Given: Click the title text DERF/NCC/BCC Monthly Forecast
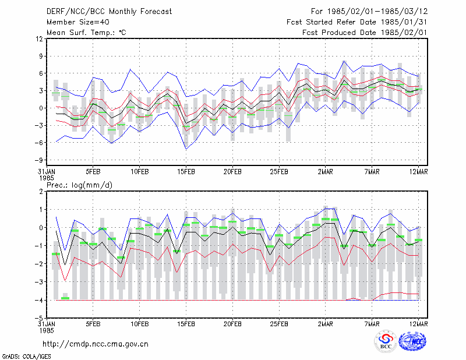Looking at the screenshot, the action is point(109,12).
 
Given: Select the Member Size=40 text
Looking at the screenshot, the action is point(78,22).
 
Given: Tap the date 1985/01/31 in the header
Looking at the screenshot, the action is point(404,22).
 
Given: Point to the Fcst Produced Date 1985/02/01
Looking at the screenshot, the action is point(365,33).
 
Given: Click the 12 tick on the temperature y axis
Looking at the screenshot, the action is point(40,39).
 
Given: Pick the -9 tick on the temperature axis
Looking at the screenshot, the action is point(38,160).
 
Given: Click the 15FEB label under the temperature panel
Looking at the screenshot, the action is point(186,172).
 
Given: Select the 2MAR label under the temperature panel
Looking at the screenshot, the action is point(326,172).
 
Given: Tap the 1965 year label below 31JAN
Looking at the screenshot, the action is point(47,178).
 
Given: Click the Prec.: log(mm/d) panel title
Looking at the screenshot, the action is point(79,185).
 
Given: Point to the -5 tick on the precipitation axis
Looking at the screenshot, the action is point(39,319).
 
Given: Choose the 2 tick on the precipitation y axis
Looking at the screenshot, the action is point(41,192).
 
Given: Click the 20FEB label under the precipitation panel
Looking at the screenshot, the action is point(232,324).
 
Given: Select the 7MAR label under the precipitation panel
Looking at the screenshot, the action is point(372,324).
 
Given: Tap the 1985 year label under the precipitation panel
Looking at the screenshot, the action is point(47,330).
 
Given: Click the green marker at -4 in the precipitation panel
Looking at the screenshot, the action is point(65,298).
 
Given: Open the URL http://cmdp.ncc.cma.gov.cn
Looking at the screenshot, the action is point(96,344).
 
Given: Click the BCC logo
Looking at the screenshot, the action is point(386,341).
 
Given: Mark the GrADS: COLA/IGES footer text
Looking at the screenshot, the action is point(27,357).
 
